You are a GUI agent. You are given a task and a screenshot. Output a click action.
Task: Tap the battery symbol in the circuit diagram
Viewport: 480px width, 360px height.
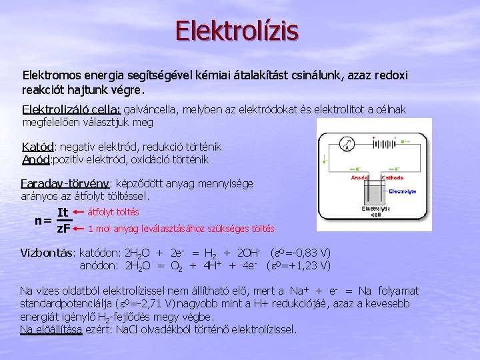(x=382, y=142)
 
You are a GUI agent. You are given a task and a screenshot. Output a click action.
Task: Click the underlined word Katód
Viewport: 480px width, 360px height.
(x=38, y=147)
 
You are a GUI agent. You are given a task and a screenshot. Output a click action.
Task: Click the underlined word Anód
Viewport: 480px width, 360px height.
(x=37, y=160)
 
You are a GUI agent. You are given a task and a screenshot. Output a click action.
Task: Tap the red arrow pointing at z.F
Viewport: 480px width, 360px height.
(x=78, y=229)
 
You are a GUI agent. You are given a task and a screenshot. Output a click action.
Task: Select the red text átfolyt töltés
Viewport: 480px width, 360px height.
(x=113, y=212)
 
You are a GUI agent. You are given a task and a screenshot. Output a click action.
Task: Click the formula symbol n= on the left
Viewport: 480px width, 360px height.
(x=43, y=221)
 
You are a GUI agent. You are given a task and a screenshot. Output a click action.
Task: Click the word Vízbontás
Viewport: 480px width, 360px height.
(x=48, y=253)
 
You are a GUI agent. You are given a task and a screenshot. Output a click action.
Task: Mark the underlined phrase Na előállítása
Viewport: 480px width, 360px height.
(x=51, y=329)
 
